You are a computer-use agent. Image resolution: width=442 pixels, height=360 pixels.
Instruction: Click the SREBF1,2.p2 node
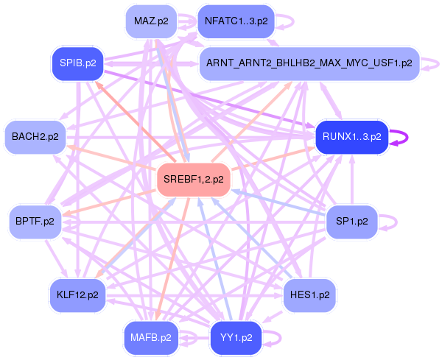tap(194, 180)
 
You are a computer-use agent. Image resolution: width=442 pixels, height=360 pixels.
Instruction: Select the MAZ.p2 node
tap(152, 21)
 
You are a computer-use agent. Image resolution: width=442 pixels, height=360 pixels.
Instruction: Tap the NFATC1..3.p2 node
tap(236, 21)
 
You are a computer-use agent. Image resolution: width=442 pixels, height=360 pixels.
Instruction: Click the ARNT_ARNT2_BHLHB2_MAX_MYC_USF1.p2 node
tap(309, 63)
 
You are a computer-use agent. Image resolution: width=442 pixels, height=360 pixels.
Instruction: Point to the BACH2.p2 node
tap(35, 136)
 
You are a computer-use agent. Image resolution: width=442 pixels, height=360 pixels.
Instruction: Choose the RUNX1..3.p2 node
tap(351, 136)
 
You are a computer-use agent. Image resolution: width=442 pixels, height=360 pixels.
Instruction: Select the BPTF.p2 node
tap(35, 220)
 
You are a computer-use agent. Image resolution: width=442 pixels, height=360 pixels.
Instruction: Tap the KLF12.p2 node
tap(77, 294)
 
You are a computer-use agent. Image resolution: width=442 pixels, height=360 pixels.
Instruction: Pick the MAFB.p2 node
tap(152, 338)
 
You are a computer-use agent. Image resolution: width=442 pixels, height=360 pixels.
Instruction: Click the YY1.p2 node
tap(236, 338)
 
